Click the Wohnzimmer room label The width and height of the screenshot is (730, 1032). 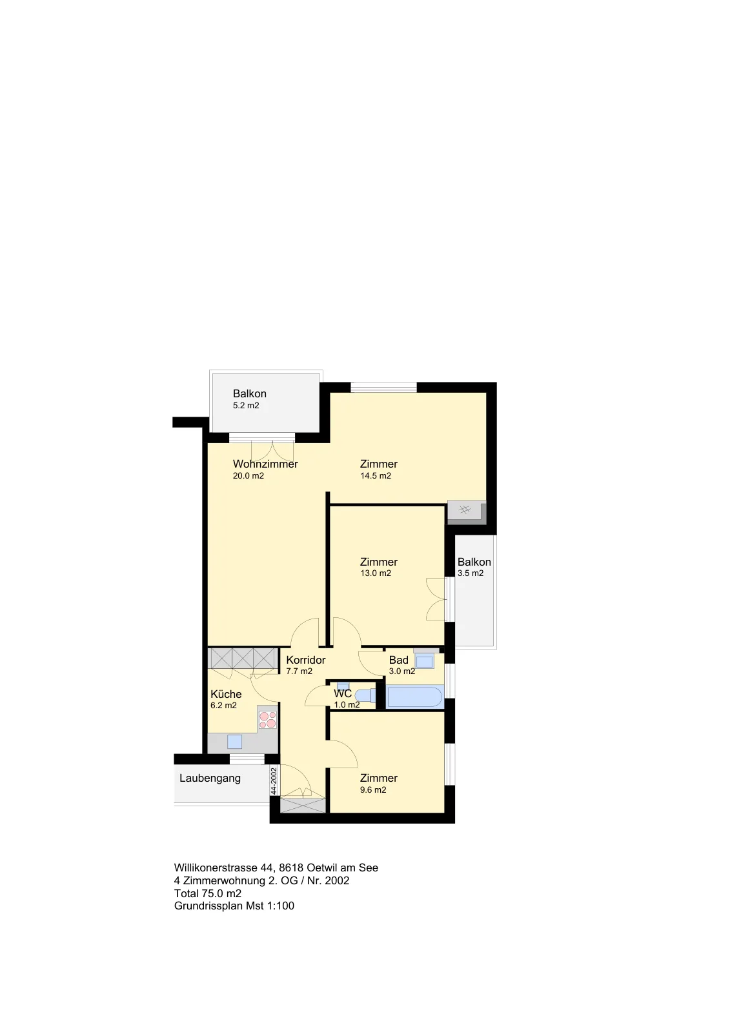point(265,464)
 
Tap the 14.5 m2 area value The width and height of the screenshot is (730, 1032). point(376,476)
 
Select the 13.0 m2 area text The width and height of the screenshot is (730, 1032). point(376,573)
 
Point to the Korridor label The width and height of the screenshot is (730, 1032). point(306,660)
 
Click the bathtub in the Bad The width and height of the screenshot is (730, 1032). point(414,697)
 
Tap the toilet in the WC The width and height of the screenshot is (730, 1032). point(365,696)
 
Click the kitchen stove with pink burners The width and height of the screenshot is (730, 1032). point(267,720)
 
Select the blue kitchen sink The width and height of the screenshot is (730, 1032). point(235,741)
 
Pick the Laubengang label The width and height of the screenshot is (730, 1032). point(210,778)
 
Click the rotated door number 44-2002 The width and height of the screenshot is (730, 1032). point(274,780)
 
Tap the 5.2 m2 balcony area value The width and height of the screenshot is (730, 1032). point(246,406)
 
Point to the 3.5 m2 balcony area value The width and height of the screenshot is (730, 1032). point(471,573)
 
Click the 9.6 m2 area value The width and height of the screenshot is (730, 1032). point(373,789)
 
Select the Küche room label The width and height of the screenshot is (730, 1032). point(226,694)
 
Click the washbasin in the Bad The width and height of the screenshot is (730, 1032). point(424,662)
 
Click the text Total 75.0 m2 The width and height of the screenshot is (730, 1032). point(208,893)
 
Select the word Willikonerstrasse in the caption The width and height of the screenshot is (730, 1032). point(216,868)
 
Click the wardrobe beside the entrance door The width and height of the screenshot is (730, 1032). point(303,806)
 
